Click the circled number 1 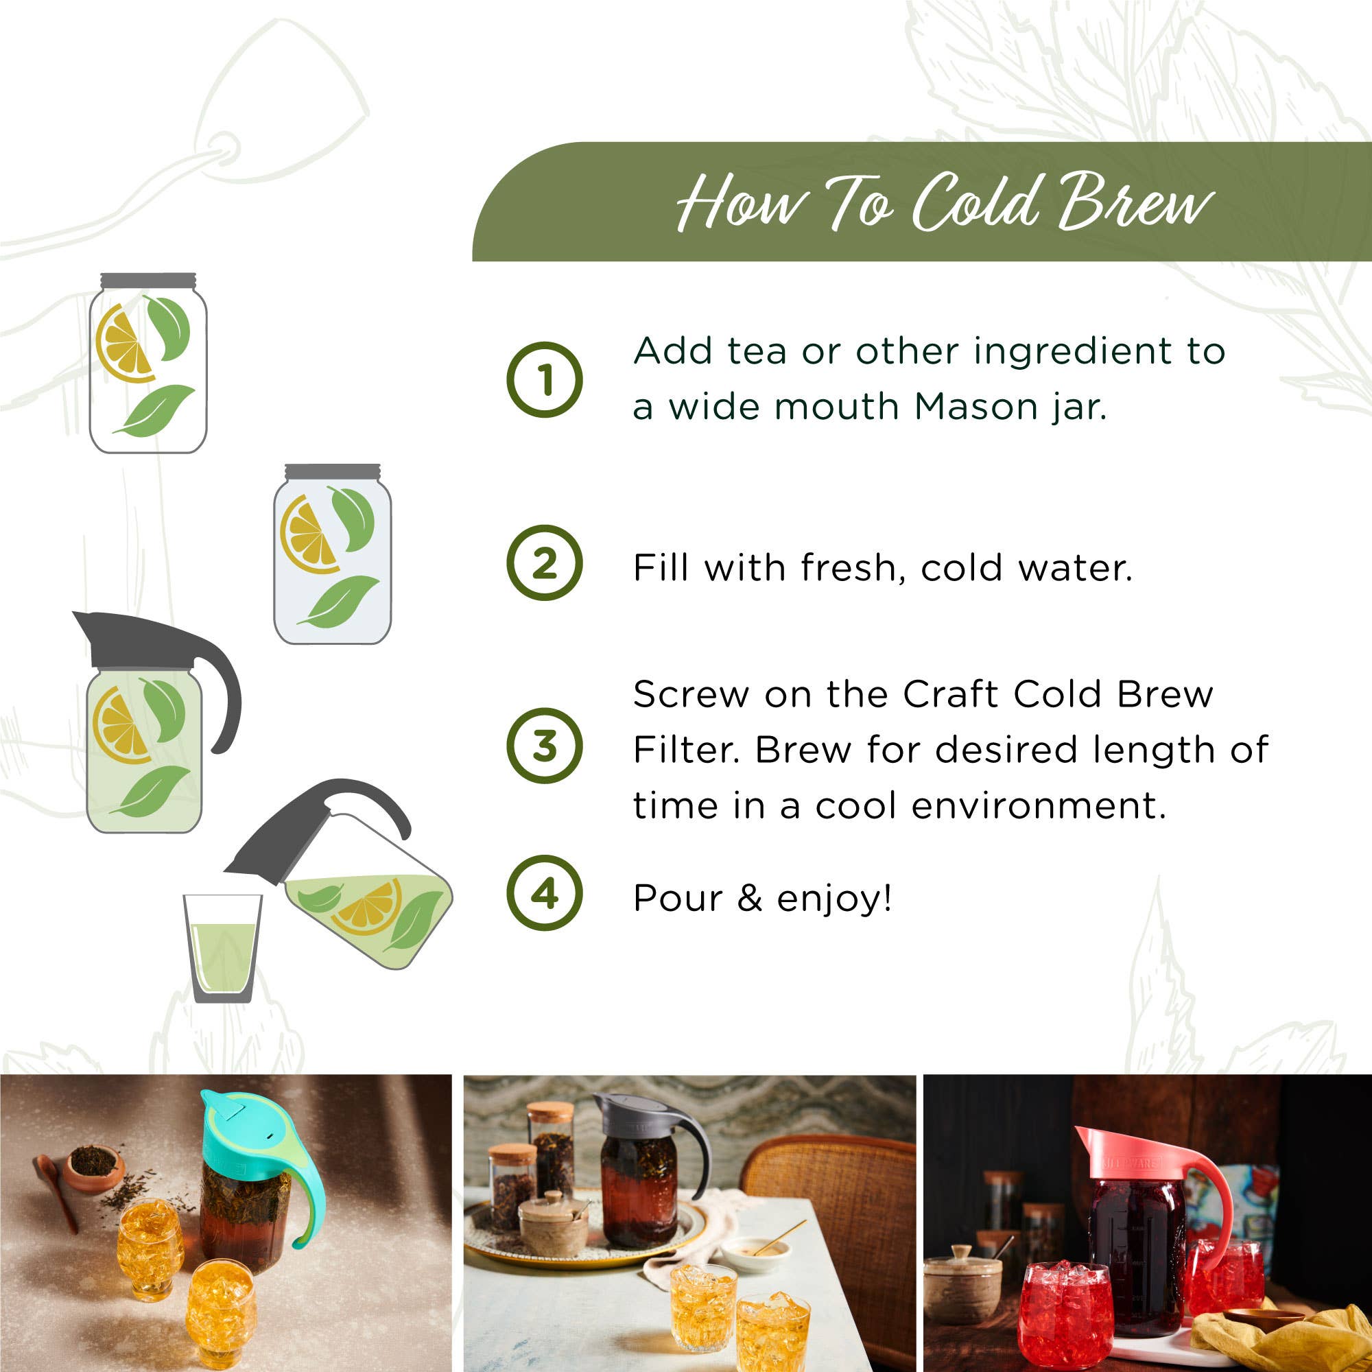click(544, 379)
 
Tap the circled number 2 click(544, 563)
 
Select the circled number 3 click(544, 746)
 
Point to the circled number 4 click(544, 893)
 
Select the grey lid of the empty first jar click(147, 281)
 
